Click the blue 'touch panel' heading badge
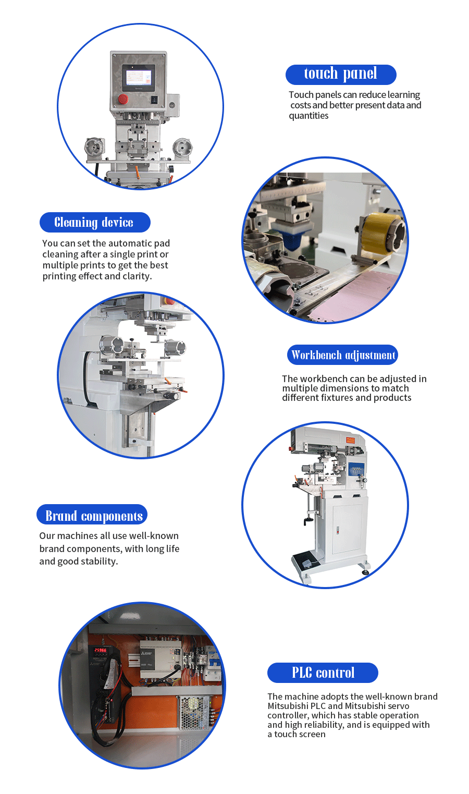click(x=341, y=75)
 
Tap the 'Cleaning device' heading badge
click(x=95, y=222)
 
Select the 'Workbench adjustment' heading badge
click(x=342, y=355)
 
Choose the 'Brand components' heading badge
click(x=92, y=515)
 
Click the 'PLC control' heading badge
click(x=323, y=673)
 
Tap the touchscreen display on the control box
click(x=139, y=78)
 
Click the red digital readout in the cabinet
click(x=100, y=651)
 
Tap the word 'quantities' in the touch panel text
click(x=308, y=116)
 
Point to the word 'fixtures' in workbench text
click(x=337, y=398)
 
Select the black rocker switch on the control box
click(x=154, y=100)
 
